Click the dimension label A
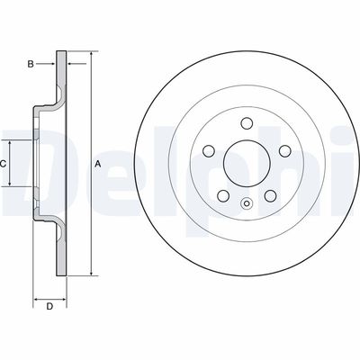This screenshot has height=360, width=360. click(x=97, y=164)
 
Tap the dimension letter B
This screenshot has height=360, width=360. click(x=30, y=64)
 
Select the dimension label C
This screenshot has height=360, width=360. click(x=4, y=164)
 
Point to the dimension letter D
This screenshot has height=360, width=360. click(x=50, y=307)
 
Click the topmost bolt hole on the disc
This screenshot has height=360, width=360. click(x=246, y=123)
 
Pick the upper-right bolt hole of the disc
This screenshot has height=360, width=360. click(x=283, y=151)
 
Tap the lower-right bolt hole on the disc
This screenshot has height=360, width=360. click(x=269, y=195)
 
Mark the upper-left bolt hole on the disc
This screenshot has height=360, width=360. click(x=208, y=151)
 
